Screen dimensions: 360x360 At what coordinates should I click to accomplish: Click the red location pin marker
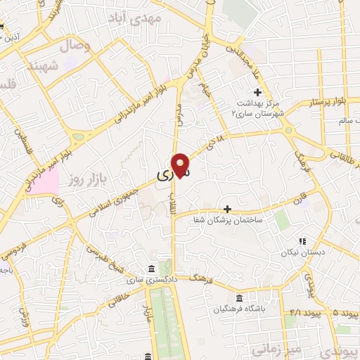pos(181,165)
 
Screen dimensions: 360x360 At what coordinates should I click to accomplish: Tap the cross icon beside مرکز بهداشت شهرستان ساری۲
pos(257,92)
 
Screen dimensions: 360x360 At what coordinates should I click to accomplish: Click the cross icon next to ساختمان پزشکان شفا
pos(227,209)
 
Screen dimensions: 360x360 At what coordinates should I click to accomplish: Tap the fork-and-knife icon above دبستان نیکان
pos(303,240)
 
